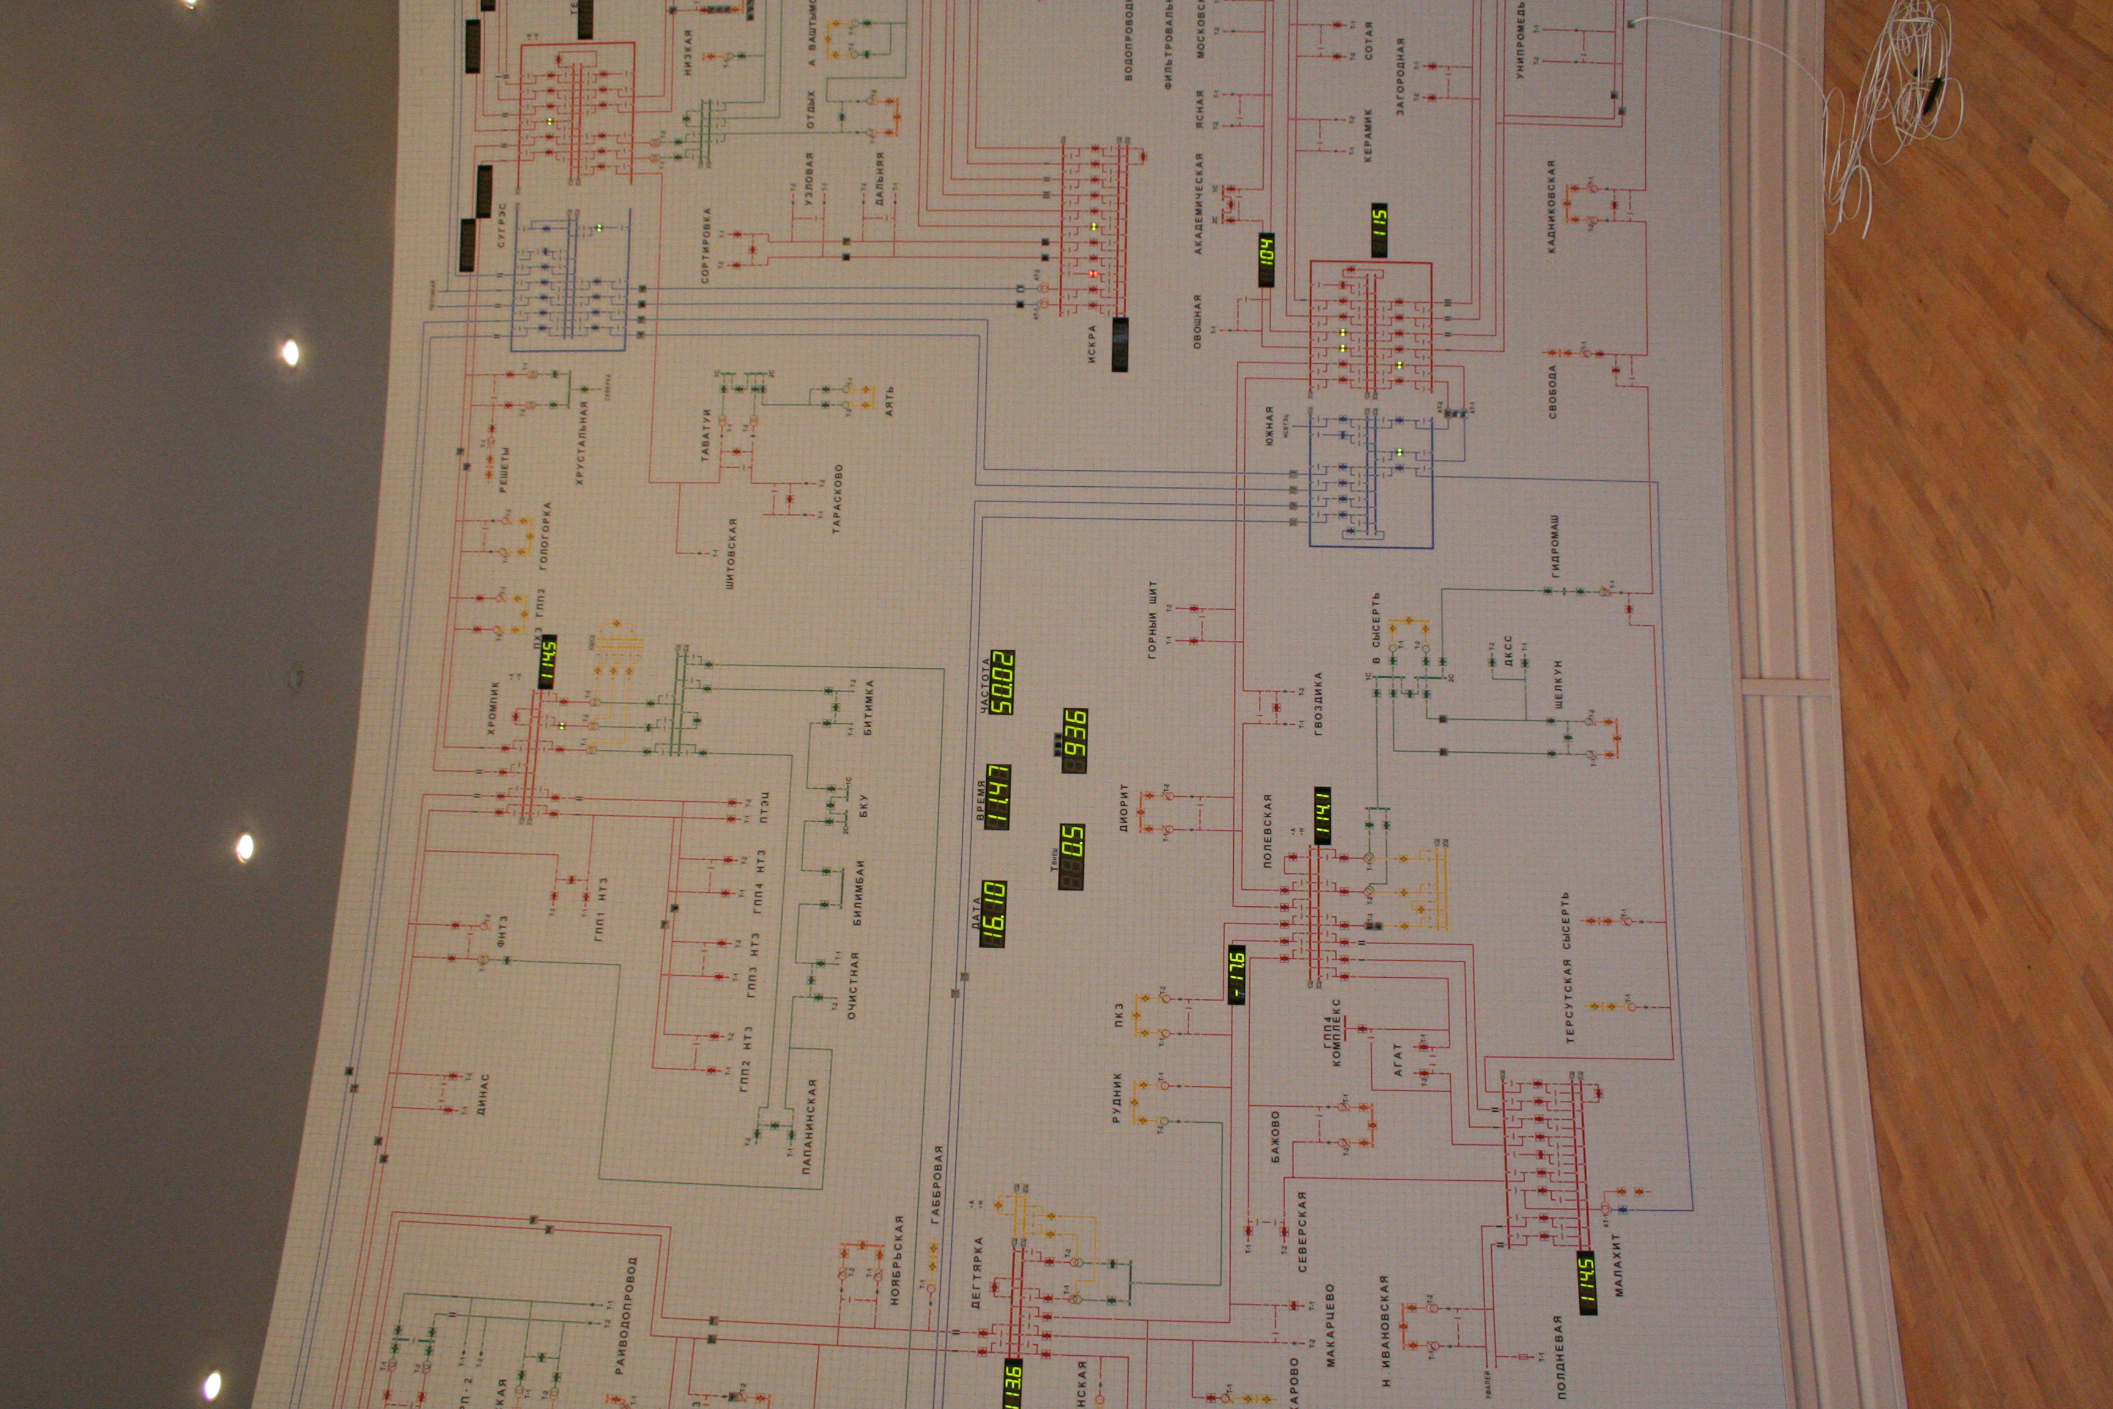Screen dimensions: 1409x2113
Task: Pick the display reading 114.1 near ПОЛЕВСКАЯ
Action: (x=1322, y=816)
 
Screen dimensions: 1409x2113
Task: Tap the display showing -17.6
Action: (x=1237, y=974)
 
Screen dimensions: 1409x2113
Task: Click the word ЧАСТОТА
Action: (x=984, y=686)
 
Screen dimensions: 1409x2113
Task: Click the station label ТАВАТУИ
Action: (x=706, y=436)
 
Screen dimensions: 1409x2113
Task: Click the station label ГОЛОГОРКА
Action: (x=544, y=536)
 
